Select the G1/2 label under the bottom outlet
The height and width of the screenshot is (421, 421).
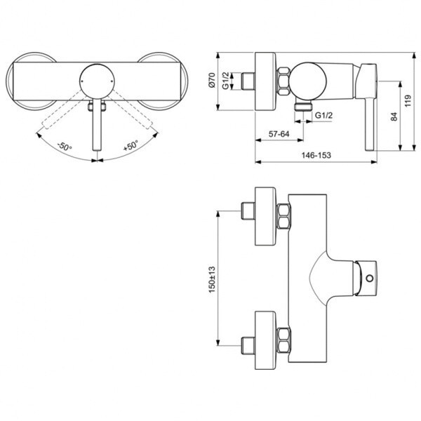323,114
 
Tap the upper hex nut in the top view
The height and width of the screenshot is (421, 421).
283,218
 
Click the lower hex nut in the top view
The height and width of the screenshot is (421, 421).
283,340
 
